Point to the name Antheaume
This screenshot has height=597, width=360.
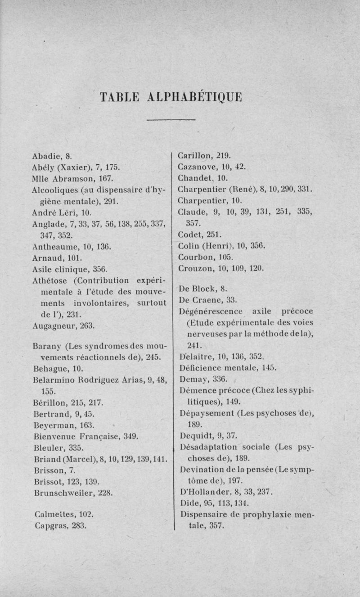point(52,247)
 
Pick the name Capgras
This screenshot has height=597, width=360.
point(50,525)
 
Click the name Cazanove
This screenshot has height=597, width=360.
point(197,167)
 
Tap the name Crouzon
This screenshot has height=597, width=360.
point(194,268)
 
